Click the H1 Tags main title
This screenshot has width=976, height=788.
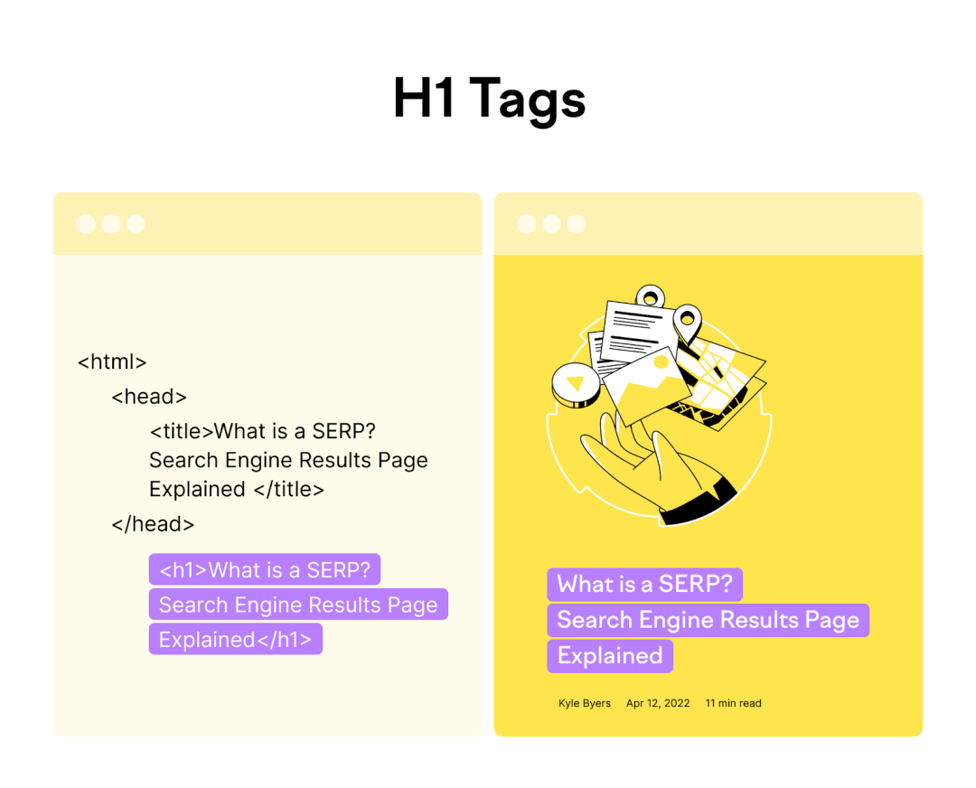(x=489, y=99)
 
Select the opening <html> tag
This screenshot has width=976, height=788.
(x=112, y=361)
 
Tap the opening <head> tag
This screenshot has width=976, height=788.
(x=149, y=397)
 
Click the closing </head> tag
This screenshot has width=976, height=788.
(x=153, y=524)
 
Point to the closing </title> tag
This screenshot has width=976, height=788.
(x=289, y=489)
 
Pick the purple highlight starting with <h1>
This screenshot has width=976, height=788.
(x=265, y=569)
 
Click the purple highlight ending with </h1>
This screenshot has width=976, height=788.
(x=235, y=639)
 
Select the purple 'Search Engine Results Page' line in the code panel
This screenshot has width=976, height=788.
(x=298, y=605)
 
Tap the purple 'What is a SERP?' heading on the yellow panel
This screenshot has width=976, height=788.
(x=645, y=585)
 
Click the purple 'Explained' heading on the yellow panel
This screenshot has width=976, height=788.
(x=610, y=656)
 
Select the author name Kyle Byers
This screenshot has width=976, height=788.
(x=585, y=703)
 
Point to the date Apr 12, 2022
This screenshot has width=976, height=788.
(x=658, y=703)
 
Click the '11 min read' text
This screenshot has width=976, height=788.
(x=733, y=703)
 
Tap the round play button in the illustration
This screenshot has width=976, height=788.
(x=576, y=385)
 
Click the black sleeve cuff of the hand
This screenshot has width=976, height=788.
(x=699, y=501)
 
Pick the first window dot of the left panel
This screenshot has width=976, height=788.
(x=86, y=224)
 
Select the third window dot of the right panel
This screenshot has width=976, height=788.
(x=577, y=224)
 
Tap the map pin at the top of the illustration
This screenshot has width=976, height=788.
(x=650, y=297)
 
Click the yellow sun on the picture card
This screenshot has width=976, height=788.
(x=661, y=362)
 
